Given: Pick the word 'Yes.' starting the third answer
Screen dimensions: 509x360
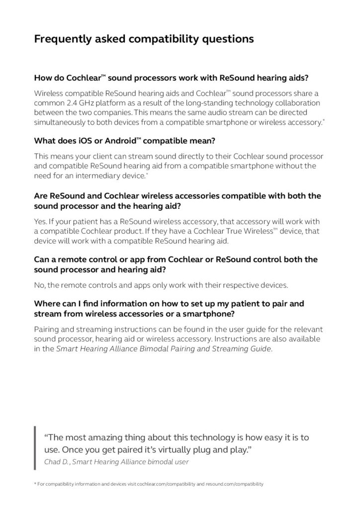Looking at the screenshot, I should click(x=41, y=221).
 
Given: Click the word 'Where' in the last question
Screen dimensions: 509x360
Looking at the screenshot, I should click(x=47, y=303).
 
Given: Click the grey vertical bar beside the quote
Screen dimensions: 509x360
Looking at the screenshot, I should click(x=35, y=448).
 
